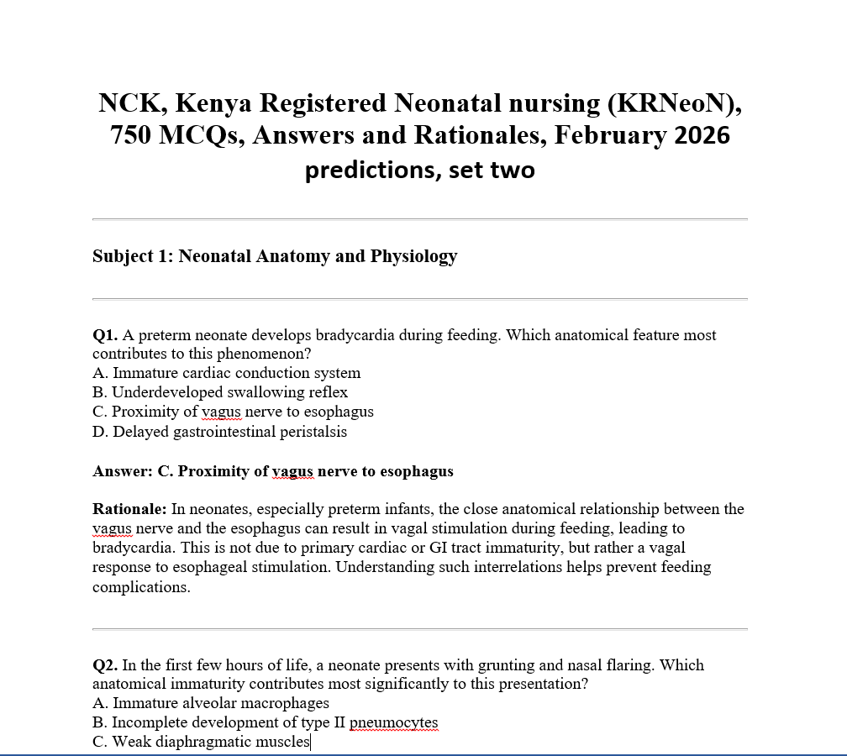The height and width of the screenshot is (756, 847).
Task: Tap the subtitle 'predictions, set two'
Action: click(419, 170)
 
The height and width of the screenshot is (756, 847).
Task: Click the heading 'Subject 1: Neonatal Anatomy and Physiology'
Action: click(275, 256)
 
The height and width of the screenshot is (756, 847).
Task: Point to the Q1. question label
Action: click(105, 335)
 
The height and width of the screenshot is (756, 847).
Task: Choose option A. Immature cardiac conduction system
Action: click(226, 373)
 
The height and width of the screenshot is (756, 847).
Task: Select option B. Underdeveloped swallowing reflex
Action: click(219, 392)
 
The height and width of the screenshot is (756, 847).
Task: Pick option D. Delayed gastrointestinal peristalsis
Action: click(219, 432)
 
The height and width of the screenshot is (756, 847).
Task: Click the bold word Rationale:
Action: click(129, 509)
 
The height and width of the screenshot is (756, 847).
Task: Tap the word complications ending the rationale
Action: click(139, 587)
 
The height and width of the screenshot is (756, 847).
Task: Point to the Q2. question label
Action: click(105, 665)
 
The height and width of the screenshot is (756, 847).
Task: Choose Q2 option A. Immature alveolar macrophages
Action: click(210, 703)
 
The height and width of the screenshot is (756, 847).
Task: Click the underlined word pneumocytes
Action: click(393, 722)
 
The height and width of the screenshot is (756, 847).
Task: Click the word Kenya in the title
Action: click(213, 103)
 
